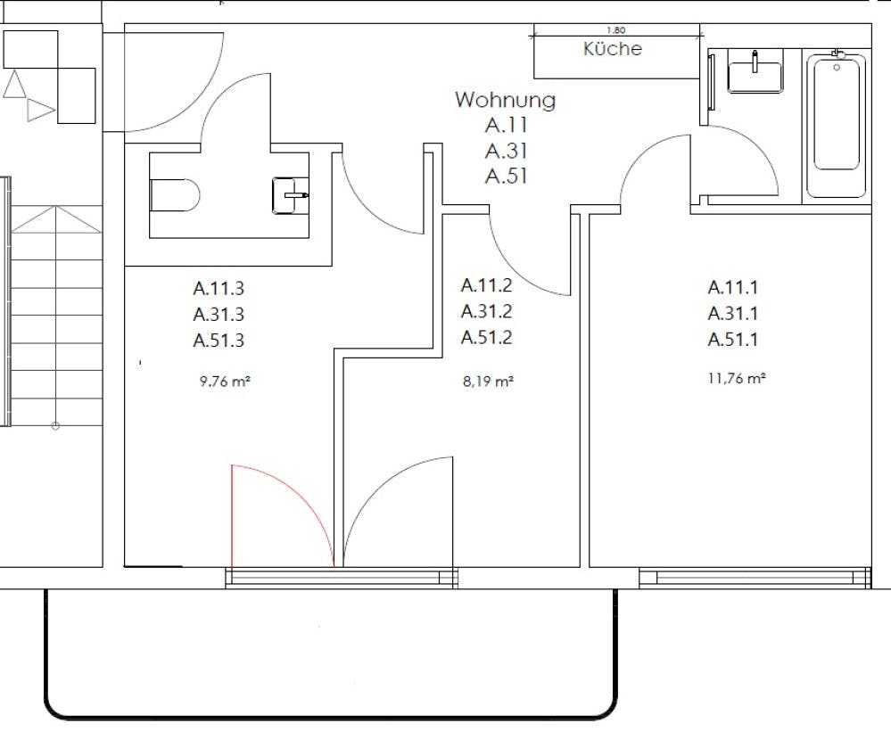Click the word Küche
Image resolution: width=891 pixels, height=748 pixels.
tap(612, 49)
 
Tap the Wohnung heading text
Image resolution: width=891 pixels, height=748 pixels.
tap(505, 100)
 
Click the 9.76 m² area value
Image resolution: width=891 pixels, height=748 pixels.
tap(224, 381)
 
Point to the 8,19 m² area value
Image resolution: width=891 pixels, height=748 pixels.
tap(487, 381)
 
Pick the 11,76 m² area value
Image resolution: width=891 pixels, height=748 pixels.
tap(736, 378)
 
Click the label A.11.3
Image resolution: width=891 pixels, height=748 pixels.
tap(219, 288)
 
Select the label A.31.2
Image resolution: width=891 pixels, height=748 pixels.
tap(486, 311)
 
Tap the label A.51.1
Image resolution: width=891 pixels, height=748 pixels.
tap(733, 339)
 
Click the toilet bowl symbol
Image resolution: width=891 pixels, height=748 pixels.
tap(174, 195)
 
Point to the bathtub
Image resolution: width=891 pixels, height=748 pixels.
tap(836, 125)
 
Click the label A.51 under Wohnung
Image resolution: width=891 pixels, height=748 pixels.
tap(507, 176)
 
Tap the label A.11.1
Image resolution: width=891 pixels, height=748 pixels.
tap(733, 287)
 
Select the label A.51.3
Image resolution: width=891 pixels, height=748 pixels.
tap(219, 340)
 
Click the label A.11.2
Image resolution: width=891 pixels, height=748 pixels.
tap(486, 285)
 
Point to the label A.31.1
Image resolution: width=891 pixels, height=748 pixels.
tap(733, 313)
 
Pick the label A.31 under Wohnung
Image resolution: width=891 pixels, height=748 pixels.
tap(507, 151)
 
